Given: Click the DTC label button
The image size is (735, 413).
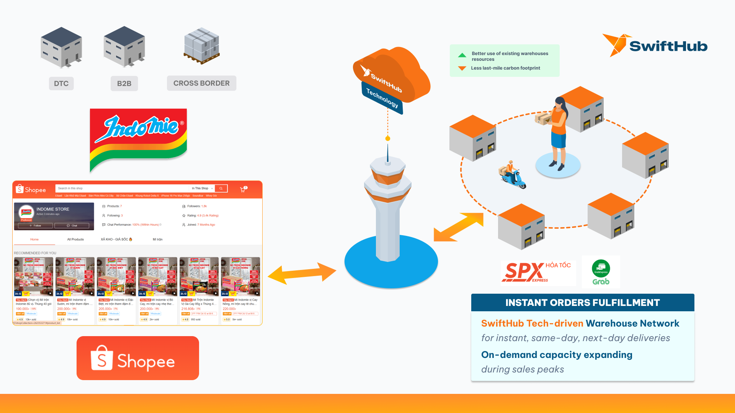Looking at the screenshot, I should pyautogui.click(x=61, y=83).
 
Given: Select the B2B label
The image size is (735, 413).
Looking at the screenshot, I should pyautogui.click(x=124, y=83).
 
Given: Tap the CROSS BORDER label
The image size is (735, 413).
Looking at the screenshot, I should pyautogui.click(x=201, y=83).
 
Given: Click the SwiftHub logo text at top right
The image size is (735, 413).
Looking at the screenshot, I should pyautogui.click(x=668, y=46).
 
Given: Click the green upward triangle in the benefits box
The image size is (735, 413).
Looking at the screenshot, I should pyautogui.click(x=462, y=55).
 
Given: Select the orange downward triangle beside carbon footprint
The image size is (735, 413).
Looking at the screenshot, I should pyautogui.click(x=462, y=68).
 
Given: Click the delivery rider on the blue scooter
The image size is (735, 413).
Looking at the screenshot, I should pyautogui.click(x=512, y=175).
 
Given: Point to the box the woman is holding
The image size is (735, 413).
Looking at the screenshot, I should pyautogui.click(x=543, y=118).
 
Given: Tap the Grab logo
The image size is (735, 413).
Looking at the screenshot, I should pyautogui.click(x=601, y=272).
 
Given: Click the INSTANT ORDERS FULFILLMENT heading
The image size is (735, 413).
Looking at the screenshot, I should pyautogui.click(x=582, y=302).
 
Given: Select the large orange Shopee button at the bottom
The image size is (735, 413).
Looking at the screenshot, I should pyautogui.click(x=138, y=358).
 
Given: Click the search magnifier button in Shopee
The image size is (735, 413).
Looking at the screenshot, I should pyautogui.click(x=221, y=188).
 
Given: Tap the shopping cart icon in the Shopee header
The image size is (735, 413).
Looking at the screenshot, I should pyautogui.click(x=243, y=189).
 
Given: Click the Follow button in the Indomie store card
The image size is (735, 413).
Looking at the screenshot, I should pyautogui.click(x=35, y=226).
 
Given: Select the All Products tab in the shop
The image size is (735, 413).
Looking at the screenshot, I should pyautogui.click(x=75, y=239).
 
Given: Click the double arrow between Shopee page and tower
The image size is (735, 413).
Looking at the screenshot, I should pyautogui.click(x=302, y=273).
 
